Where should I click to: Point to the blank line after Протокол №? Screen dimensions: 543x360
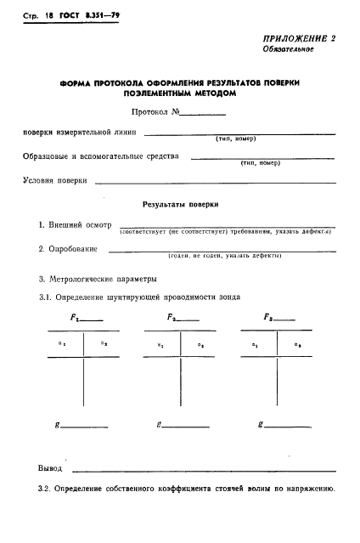point(204,113)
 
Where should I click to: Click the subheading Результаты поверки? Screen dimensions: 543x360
point(180,205)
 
